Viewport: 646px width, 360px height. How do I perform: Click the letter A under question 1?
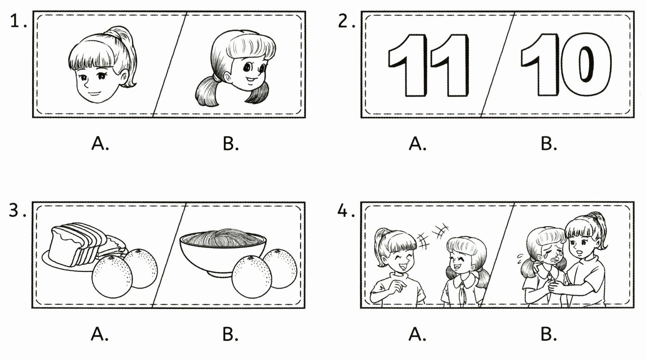pyautogui.click(x=100, y=143)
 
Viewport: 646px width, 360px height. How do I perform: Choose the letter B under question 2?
pyautogui.click(x=548, y=143)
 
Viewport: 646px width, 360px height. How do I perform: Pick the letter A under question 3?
pyautogui.click(x=100, y=334)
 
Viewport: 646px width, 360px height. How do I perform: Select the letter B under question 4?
pyautogui.click(x=548, y=334)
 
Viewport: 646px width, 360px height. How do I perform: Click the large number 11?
pyautogui.click(x=429, y=65)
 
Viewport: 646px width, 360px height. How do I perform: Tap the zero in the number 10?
pyautogui.click(x=586, y=64)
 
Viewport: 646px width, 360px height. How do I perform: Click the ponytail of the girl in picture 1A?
pyautogui.click(x=127, y=55)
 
